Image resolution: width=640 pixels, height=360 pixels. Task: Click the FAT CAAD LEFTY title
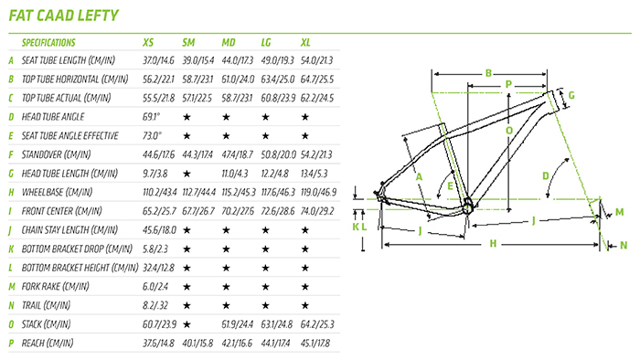tap(64, 16)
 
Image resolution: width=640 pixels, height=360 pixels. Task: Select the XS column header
tap(148, 42)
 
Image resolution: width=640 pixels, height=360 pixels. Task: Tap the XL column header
tap(305, 42)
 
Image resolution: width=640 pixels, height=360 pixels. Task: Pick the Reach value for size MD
tap(237, 344)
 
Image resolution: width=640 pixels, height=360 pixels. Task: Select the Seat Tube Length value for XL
tap(316, 60)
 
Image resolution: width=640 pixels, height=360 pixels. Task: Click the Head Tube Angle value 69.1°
tap(152, 117)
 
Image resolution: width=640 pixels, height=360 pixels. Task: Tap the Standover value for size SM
tap(197, 155)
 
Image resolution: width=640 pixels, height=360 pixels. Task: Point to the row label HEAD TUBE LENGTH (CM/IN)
tap(69, 174)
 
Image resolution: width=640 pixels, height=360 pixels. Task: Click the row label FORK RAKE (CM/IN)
tap(55, 287)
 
